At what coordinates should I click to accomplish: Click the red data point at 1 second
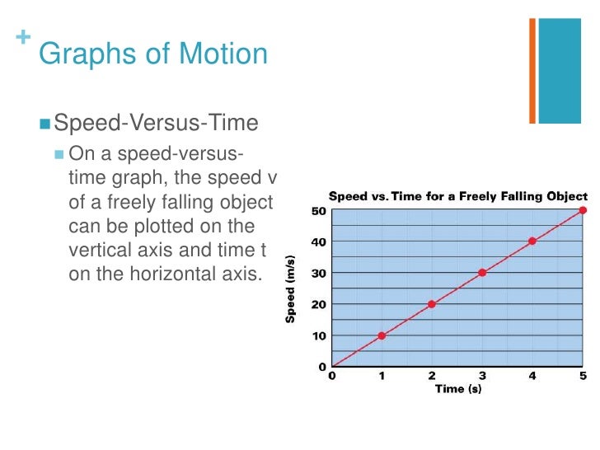click(382, 335)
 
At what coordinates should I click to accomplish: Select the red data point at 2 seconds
click(431, 304)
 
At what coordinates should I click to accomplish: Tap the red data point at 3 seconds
click(482, 273)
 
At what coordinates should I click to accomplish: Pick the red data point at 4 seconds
click(532, 241)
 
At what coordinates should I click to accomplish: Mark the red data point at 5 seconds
click(583, 210)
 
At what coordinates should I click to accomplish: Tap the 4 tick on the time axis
click(532, 377)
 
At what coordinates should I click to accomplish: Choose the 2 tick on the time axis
click(432, 377)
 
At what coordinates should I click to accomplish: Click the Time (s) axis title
click(457, 389)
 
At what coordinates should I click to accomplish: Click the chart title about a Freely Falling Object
click(458, 196)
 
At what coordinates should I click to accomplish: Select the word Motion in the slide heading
click(218, 54)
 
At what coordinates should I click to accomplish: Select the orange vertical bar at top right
click(532, 71)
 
